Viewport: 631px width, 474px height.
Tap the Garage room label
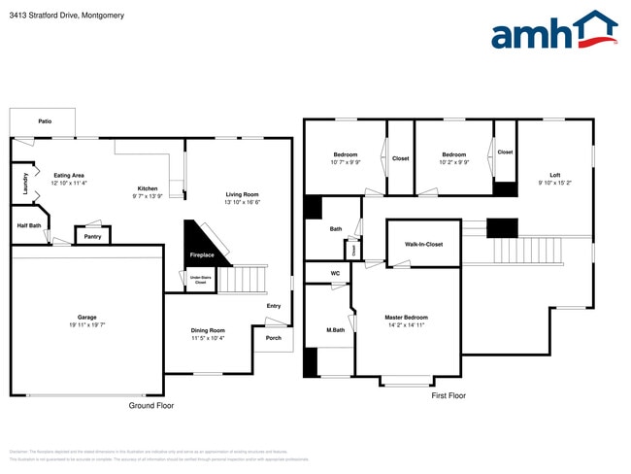tap(86, 318)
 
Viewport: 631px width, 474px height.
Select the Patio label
tap(45, 122)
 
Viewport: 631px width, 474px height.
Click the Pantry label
tap(93, 236)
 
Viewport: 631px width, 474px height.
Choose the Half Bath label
tap(29, 225)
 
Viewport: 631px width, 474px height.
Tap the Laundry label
tap(24, 185)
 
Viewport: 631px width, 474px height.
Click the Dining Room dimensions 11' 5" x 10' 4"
tap(208, 338)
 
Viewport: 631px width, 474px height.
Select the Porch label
tap(273, 338)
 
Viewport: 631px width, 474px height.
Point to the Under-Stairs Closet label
tap(200, 280)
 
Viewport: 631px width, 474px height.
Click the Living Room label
tap(242, 194)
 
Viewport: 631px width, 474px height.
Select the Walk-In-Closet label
tap(423, 244)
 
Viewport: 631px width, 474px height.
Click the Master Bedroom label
tap(406, 318)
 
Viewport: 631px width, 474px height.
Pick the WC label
tap(335, 274)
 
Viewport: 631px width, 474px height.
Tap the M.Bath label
tap(336, 330)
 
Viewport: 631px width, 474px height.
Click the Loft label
tap(554, 174)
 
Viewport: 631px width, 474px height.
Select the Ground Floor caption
tap(151, 405)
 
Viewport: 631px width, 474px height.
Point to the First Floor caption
tap(448, 395)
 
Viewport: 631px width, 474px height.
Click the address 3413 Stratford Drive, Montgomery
tap(60, 16)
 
